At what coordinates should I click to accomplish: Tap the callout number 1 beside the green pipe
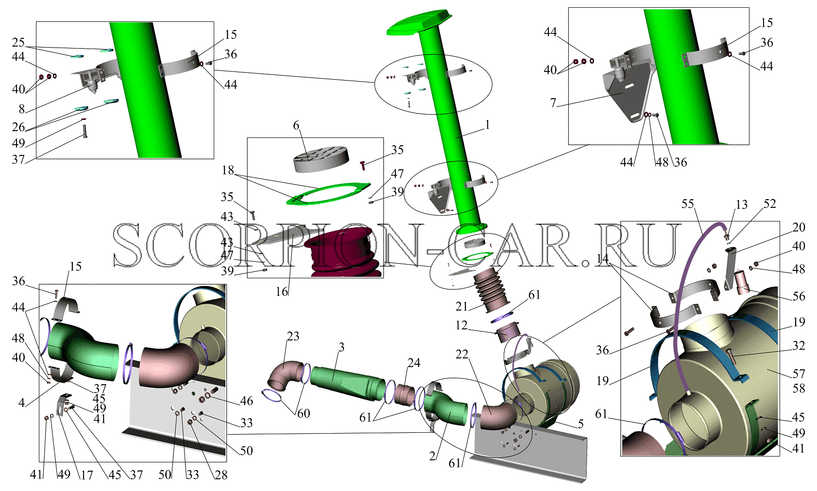(487, 125)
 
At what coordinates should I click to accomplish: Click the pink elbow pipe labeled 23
(285, 375)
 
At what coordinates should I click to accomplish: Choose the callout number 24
(414, 363)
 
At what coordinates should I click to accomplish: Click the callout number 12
(461, 324)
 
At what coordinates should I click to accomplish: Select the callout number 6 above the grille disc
(296, 125)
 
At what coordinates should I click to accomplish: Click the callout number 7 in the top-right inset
(553, 103)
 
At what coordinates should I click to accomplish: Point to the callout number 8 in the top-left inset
(22, 109)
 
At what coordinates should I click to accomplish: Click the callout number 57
(799, 373)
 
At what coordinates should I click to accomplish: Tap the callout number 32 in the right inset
(799, 345)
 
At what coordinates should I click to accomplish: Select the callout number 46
(247, 401)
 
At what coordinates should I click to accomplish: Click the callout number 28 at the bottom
(221, 474)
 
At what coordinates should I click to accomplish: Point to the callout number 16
(282, 291)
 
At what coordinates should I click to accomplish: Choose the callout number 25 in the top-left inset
(18, 42)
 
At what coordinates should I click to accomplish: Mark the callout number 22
(462, 354)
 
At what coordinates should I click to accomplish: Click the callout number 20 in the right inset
(799, 227)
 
